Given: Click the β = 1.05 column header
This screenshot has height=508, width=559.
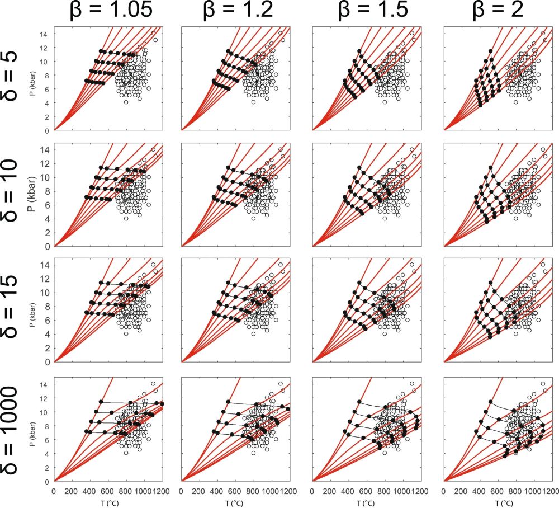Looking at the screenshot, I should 107,12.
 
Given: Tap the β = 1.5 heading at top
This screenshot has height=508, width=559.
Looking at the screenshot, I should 363,12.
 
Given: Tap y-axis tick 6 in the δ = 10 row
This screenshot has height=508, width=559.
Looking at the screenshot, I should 46,205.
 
